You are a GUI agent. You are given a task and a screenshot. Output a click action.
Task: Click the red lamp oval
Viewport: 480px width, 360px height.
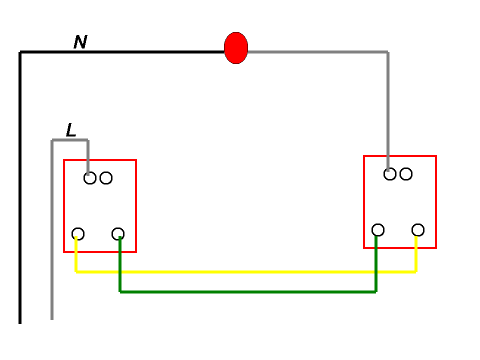pos(235,48)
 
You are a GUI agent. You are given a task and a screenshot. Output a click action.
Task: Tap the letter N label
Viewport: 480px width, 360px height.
pos(80,42)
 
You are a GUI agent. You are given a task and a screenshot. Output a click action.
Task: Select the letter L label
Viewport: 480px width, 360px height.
pos(71,130)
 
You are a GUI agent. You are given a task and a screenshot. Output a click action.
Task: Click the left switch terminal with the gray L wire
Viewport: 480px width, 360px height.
pos(90,178)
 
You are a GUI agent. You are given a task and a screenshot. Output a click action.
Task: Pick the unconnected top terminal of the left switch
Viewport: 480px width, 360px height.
pos(106,178)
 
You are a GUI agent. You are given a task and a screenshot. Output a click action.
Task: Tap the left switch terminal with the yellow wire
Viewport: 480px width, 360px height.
pos(78,234)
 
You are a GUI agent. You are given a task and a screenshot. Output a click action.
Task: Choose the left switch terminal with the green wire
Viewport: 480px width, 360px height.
pos(118,234)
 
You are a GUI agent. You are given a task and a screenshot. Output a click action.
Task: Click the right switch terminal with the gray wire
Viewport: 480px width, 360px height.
pos(390,174)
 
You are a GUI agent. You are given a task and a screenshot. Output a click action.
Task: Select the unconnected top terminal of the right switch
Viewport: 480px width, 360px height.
pos(406,174)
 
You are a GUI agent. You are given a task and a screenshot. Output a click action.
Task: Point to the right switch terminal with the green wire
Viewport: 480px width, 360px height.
pos(378,230)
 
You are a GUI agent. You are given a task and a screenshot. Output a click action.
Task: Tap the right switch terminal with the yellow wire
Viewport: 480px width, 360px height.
pos(418,230)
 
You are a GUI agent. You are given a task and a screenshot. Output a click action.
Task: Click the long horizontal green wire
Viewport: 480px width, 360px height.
pos(248,292)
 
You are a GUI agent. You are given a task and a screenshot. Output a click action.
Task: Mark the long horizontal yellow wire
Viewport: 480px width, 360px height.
pos(246,272)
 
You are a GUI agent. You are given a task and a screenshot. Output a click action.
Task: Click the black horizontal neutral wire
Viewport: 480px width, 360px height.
pos(122,52)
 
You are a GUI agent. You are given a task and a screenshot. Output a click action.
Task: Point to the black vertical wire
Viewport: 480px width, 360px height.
pos(20,187)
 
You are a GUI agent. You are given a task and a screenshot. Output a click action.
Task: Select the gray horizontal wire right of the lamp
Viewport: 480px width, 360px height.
pos(318,52)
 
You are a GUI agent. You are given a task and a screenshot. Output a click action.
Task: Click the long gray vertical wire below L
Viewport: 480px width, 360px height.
pos(52,229)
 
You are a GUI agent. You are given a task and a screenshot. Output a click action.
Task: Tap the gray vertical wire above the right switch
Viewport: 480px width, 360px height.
pos(388,111)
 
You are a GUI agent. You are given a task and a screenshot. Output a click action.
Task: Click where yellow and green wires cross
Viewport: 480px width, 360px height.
pos(120,272)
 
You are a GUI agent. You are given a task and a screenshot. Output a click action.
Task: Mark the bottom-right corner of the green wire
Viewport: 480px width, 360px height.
pos(376,292)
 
